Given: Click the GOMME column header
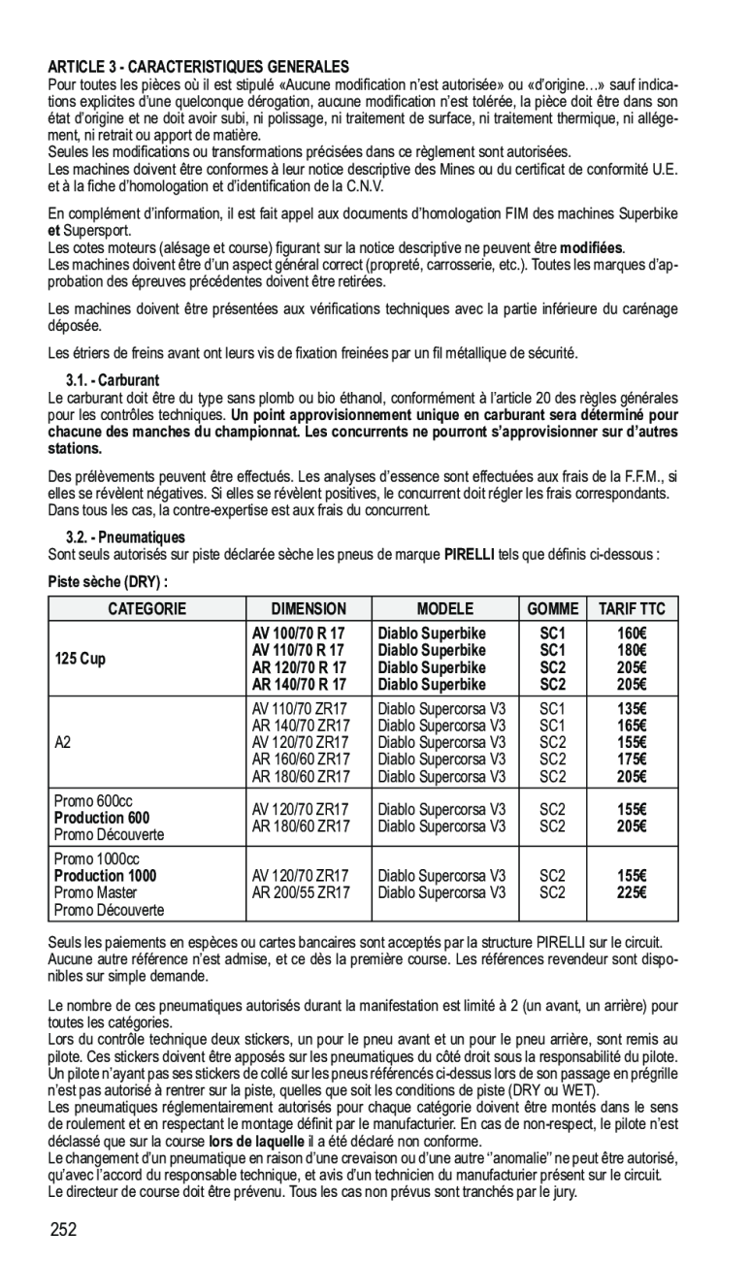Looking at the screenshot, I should pos(553,609).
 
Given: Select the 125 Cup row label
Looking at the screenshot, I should pos(81,659).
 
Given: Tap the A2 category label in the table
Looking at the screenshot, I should pos(63,742).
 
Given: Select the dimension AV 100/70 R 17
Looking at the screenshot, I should pos(300,633).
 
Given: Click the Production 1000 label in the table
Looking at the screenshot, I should pos(105,875).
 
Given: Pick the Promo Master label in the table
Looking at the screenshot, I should pos(96,892).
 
